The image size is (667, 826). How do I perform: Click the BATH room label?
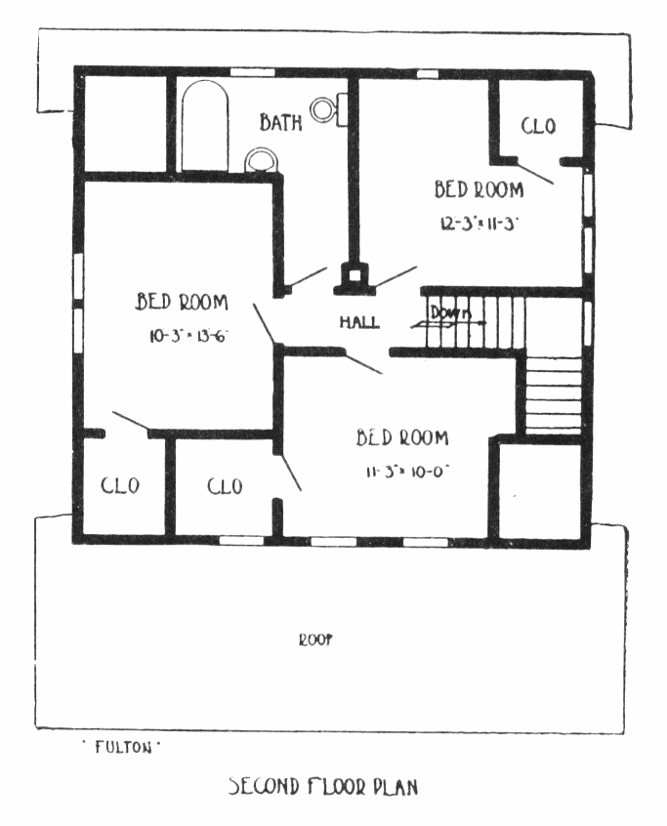(x=281, y=123)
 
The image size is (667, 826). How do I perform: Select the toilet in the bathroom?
(x=327, y=109)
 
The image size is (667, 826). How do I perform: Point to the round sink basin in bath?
(x=261, y=159)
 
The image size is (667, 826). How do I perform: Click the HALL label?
(x=359, y=322)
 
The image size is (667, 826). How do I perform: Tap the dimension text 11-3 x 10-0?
(x=406, y=469)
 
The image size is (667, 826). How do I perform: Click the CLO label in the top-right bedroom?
(x=537, y=126)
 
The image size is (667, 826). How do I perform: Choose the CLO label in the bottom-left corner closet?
(x=120, y=486)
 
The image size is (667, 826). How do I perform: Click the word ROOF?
(x=314, y=640)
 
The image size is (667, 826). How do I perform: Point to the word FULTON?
(x=121, y=748)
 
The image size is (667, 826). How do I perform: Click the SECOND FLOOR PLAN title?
(x=323, y=786)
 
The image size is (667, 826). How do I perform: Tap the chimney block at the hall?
(x=353, y=277)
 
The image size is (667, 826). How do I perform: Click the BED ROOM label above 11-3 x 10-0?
(x=402, y=437)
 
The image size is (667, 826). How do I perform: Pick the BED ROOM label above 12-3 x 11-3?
(x=479, y=189)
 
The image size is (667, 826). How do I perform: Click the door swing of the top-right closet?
(x=538, y=172)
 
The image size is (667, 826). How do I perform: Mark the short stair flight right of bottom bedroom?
(x=553, y=393)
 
